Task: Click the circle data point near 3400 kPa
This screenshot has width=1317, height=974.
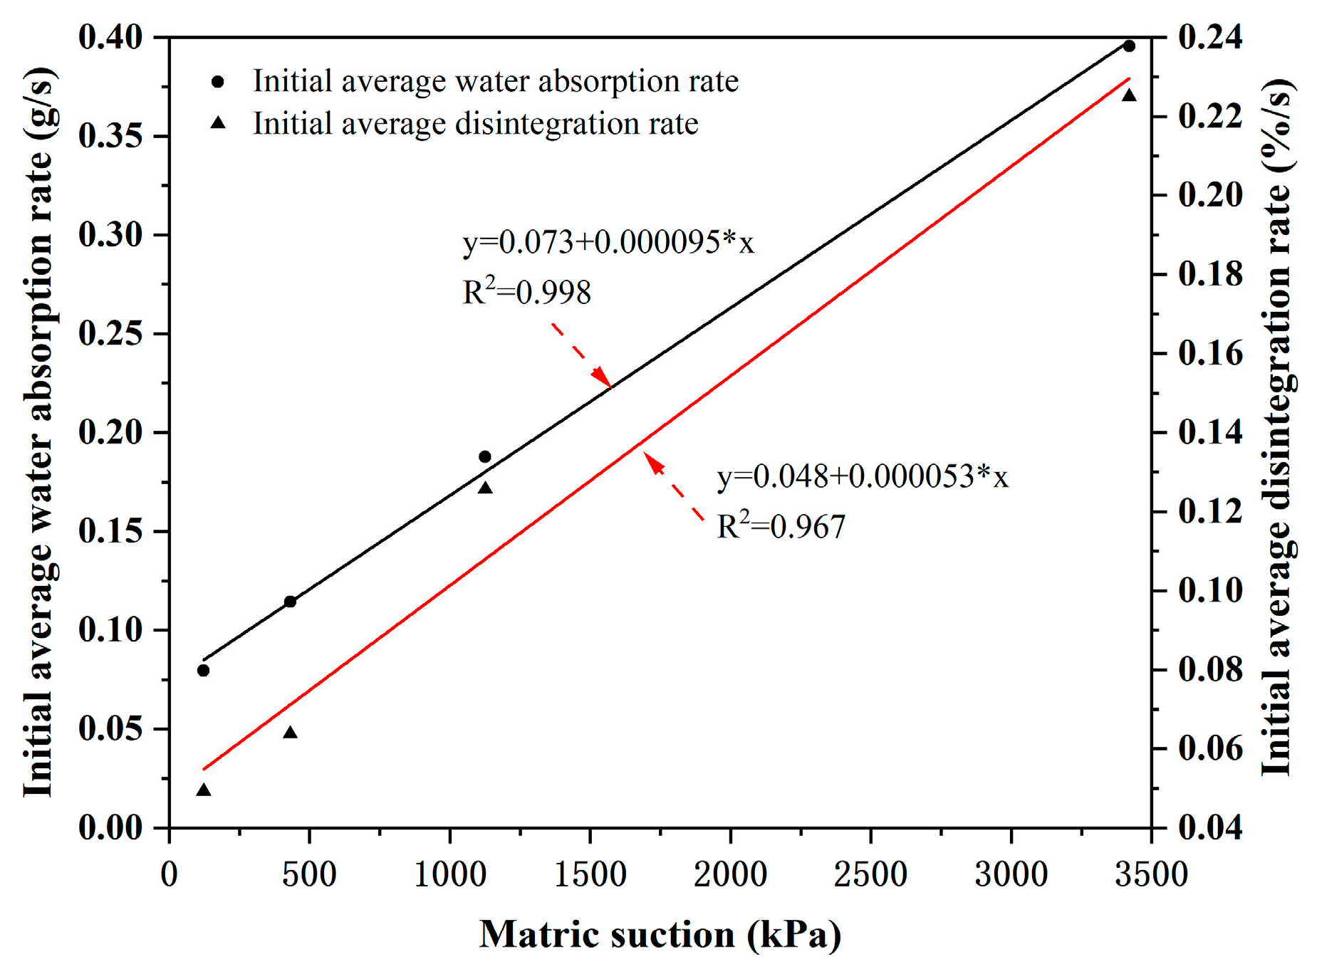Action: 1129,46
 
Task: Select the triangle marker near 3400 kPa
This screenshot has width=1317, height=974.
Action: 1129,95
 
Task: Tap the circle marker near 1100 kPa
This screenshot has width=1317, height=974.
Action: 485,456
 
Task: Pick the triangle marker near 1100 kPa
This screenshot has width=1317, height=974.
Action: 485,488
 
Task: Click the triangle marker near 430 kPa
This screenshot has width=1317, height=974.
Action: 290,733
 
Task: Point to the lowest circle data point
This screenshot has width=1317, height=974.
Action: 203,671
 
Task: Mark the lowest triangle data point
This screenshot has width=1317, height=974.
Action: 204,790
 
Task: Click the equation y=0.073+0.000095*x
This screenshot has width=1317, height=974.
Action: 608,243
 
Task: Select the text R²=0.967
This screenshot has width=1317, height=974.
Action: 781,527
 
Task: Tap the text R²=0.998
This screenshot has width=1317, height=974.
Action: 526,292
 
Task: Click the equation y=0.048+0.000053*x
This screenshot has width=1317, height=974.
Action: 862,476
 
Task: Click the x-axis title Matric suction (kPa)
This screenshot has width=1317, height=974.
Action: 660,934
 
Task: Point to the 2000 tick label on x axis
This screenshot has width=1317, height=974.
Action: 730,874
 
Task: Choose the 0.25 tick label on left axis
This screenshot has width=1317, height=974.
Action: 110,334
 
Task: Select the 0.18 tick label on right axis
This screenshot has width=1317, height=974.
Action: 1210,275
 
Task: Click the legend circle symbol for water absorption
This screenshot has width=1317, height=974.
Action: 218,82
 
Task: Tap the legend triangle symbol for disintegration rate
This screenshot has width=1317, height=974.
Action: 218,123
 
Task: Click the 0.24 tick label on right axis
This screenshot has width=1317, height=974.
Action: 1210,37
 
